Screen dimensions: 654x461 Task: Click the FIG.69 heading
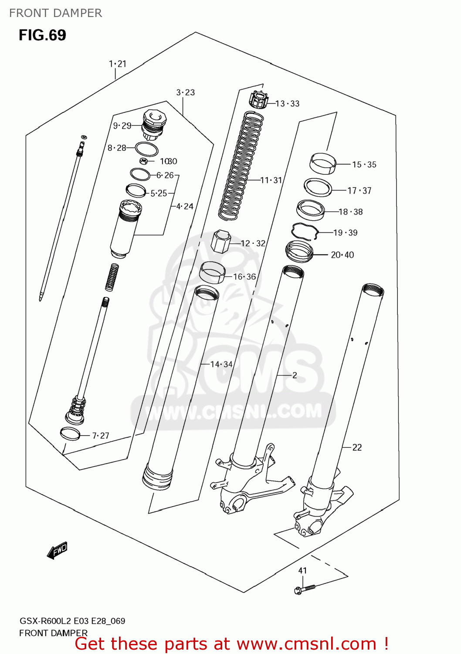coord(42,35)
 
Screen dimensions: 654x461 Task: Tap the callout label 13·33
coord(288,104)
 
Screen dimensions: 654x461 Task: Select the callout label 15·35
coord(364,164)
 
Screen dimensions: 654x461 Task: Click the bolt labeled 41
coord(305,589)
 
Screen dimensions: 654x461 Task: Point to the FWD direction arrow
coord(57,550)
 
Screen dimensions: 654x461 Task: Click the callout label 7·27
coord(101,436)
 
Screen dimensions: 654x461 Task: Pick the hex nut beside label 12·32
coord(220,241)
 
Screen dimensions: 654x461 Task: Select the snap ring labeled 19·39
coord(305,231)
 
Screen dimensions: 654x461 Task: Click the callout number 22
coord(357,447)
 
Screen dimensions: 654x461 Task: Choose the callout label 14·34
coord(221,364)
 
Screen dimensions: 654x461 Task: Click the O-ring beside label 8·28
coord(146,149)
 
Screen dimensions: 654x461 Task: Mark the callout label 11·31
coord(271,180)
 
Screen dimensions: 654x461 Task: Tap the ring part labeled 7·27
coord(70,434)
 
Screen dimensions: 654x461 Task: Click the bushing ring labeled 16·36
coord(212,272)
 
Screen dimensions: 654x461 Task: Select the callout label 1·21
coord(118,64)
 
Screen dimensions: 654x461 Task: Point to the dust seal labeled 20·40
coord(299,252)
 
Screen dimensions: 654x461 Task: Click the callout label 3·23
coord(186,92)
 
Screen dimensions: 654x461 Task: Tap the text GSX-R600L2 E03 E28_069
coord(72,621)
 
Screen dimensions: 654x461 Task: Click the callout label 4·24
coord(185,206)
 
